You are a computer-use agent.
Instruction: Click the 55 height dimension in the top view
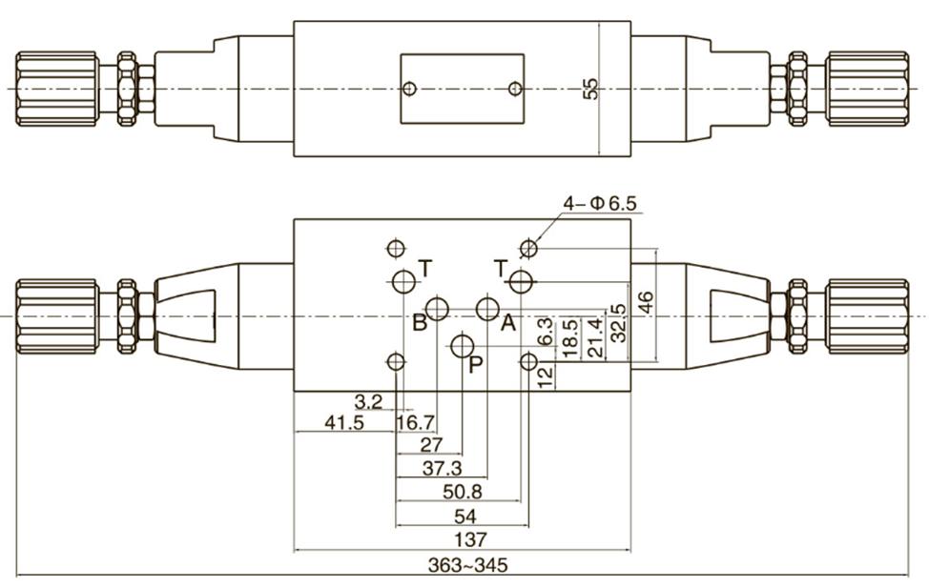[x=591, y=89]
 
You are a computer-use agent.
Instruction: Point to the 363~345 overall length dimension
[x=467, y=565]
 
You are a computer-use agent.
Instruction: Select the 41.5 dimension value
[x=345, y=422]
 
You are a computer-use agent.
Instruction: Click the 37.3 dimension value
[x=442, y=468]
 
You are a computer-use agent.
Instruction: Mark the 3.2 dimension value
[x=368, y=401]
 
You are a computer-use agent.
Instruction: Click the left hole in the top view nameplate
[x=409, y=89]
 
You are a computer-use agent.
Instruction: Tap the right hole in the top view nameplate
[x=515, y=89]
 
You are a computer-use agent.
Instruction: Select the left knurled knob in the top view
[x=55, y=89]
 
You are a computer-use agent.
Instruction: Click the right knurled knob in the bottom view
[x=867, y=315]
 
